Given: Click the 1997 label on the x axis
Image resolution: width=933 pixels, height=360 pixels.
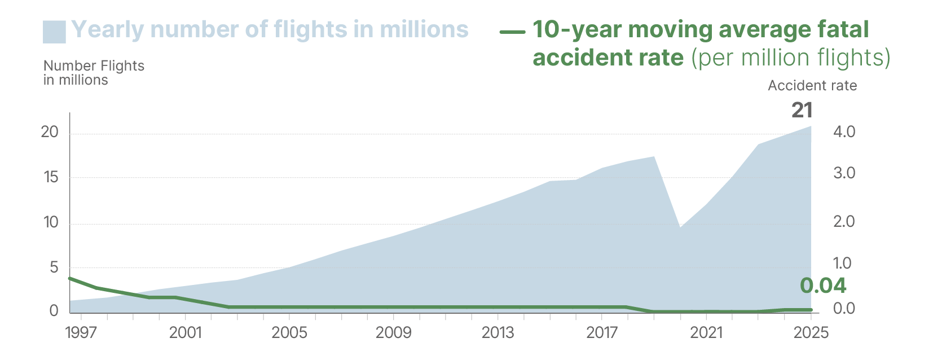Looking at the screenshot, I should [81, 332].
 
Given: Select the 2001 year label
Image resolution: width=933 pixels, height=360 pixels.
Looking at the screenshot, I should [185, 332].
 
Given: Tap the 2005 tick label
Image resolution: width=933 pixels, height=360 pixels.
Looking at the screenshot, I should [289, 332].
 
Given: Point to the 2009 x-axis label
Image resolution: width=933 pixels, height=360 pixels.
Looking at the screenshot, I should [393, 332].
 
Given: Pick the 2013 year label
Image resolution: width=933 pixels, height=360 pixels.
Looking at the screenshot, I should [498, 332].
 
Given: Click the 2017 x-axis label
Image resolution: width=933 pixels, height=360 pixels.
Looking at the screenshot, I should [602, 332].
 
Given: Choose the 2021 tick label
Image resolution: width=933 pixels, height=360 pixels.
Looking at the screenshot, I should [706, 332].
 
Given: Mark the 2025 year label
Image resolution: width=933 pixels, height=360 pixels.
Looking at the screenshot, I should [811, 332].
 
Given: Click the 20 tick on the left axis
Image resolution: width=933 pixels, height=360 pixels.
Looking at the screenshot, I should [50, 132].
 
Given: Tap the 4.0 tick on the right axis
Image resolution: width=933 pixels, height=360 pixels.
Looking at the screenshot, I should [844, 132].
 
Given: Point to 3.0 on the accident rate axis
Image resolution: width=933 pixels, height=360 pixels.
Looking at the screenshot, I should [844, 173].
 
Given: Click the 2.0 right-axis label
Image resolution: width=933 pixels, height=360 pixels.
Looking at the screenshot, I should [844, 221].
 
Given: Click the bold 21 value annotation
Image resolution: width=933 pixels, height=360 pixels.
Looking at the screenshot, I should [802, 110].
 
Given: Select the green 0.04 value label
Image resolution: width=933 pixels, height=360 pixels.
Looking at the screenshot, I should [823, 286].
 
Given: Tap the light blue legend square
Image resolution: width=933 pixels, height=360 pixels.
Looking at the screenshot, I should [54, 32].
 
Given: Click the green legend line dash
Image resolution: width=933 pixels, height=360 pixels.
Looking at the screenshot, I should [512, 32].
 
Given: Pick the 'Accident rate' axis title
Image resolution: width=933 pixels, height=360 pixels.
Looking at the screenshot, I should [812, 86].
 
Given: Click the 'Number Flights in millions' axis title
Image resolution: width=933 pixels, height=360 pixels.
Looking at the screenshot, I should [94, 73].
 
